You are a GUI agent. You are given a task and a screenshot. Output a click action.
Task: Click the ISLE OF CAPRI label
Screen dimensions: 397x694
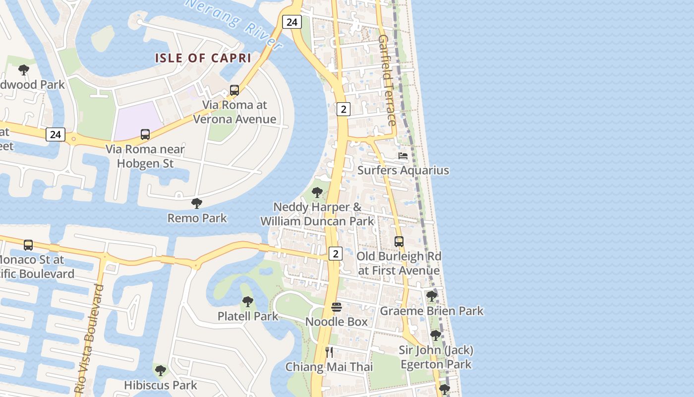pos(203,58)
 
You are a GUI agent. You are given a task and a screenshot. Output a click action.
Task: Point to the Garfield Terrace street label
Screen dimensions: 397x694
pos(387,80)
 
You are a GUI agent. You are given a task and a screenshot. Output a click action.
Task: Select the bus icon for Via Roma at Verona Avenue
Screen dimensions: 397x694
pos(234,90)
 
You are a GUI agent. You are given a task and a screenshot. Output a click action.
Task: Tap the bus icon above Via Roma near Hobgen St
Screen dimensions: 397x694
pos(145,134)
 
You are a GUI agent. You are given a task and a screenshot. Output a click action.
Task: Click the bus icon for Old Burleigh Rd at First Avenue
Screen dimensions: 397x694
pos(399,242)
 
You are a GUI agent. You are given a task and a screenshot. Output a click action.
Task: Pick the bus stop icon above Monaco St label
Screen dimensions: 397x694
pos(28,245)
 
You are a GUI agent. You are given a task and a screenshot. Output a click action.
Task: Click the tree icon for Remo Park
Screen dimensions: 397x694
pos(197,203)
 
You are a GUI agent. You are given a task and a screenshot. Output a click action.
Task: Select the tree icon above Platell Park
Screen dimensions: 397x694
pos(247,301)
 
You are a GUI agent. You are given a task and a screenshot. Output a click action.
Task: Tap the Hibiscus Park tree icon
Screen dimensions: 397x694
pos(160,370)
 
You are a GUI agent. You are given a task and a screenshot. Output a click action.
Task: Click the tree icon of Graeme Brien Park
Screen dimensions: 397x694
pos(432,296)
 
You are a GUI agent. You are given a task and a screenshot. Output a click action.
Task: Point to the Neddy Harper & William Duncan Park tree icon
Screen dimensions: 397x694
pos(317,193)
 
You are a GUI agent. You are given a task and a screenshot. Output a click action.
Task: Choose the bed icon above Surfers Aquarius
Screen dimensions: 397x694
pos(403,156)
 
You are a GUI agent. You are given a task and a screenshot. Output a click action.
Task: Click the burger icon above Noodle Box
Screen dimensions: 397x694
pos(337,307)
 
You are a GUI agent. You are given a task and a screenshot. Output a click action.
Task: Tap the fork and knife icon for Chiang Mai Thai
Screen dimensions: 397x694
pos(329,352)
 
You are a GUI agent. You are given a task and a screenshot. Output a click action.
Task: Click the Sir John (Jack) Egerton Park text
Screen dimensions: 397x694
pos(436,357)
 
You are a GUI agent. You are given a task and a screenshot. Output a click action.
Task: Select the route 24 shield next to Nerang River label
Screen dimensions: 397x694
pos(291,22)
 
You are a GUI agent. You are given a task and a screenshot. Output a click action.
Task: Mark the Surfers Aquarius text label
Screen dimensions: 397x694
pos(403,170)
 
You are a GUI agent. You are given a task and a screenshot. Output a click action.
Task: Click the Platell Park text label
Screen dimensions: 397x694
pos(247,316)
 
